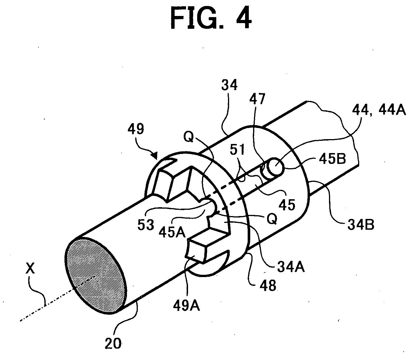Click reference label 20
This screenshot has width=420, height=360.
click(113, 343)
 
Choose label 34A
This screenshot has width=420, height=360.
click(291, 267)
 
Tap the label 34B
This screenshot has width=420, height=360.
click(361, 225)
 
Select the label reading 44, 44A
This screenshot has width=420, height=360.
click(379, 111)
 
